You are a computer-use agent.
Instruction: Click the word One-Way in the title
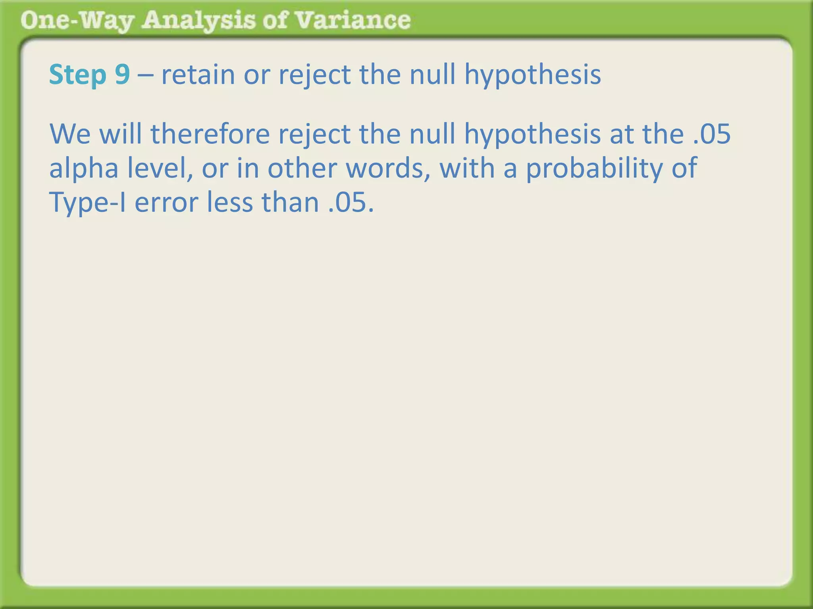click(x=77, y=21)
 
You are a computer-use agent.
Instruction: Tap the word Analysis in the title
click(x=199, y=21)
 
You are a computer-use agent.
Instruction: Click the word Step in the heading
click(x=78, y=75)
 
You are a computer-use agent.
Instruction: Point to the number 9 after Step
click(x=122, y=75)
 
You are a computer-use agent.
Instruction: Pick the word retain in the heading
click(x=198, y=75)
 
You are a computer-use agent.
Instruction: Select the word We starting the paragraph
click(x=70, y=134)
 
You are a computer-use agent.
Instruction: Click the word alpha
click(x=83, y=168)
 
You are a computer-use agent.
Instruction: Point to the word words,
click(x=388, y=168)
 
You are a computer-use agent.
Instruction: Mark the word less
click(x=230, y=202)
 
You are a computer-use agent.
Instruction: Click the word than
click(x=290, y=202)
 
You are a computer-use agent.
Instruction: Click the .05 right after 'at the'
click(x=712, y=134)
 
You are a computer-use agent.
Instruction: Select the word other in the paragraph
click(x=302, y=168)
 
